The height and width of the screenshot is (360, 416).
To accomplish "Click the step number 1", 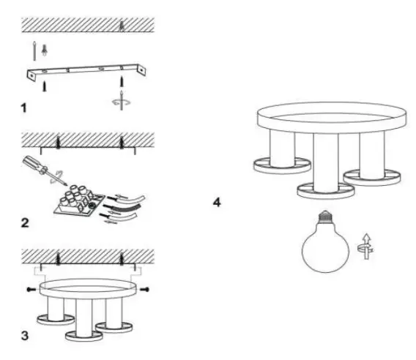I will [x=26, y=108].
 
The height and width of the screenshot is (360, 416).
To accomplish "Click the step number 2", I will [x=26, y=221].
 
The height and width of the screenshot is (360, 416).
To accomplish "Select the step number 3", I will [x=26, y=337].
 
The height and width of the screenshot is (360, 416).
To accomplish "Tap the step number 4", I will [x=217, y=200].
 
